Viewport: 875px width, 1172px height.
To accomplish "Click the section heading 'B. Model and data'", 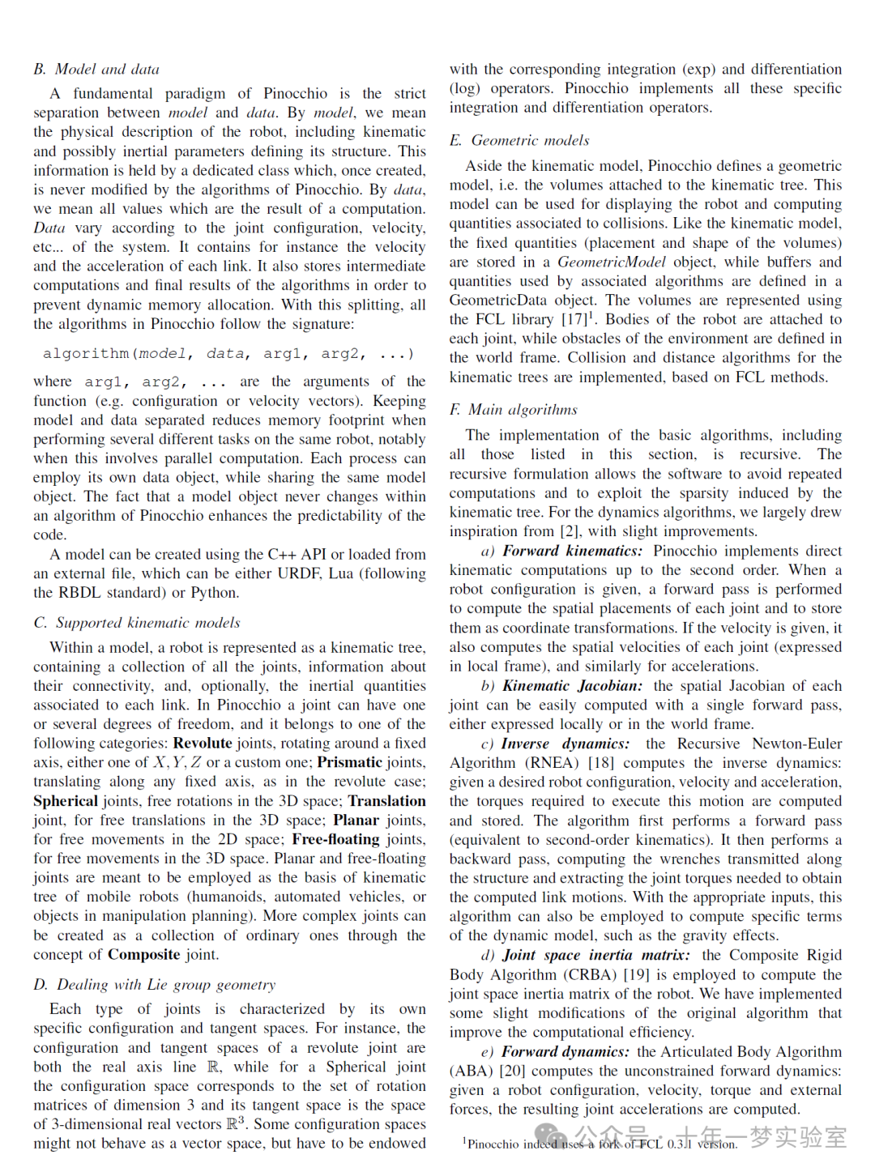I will click(96, 70).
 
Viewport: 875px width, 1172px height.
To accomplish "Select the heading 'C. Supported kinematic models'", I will click(137, 623).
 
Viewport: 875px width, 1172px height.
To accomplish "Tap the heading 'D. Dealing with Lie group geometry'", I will click(154, 985).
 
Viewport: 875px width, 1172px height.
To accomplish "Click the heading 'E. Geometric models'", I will click(519, 141).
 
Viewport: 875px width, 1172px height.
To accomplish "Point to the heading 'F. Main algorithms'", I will click(514, 411).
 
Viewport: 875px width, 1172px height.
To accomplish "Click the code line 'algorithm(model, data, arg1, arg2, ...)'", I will click(228, 354).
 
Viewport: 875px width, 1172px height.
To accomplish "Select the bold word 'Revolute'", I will click(203, 744).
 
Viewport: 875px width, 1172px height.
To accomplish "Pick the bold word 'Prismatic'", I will click(349, 763).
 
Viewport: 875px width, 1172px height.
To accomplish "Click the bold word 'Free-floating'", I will click(335, 840).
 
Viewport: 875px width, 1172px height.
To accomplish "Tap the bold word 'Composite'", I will click(144, 955).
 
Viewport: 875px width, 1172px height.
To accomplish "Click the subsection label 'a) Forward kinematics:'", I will click(561, 552).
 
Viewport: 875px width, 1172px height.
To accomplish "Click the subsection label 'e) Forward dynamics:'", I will click(555, 1052).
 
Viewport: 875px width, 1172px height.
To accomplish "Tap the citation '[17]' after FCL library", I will click(574, 320).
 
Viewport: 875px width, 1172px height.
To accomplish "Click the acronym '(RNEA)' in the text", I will click(552, 763).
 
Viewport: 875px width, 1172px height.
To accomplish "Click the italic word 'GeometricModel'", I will click(612, 262).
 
